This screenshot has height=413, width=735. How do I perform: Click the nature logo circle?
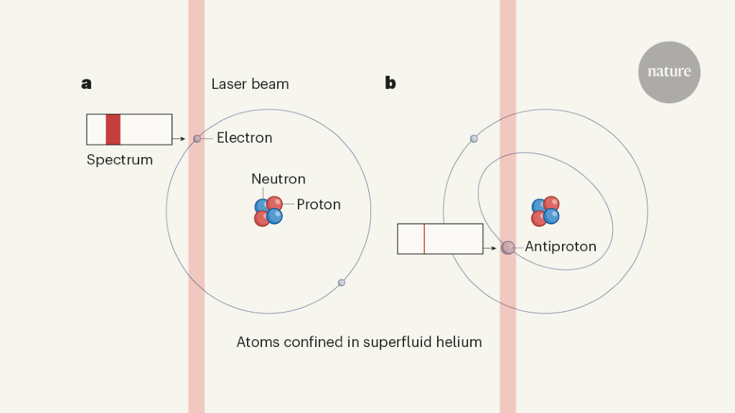[x=669, y=72]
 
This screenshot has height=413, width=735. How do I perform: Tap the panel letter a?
[x=86, y=84]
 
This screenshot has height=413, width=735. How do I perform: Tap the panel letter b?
[x=390, y=83]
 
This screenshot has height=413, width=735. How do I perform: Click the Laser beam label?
[x=250, y=84]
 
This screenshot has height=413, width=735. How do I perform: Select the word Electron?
[x=244, y=138]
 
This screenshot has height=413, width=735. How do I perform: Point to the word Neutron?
[x=278, y=179]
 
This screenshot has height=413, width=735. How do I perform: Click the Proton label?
[x=319, y=204]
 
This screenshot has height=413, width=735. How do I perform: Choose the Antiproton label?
[x=561, y=247]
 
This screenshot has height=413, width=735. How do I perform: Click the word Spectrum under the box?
[x=119, y=160]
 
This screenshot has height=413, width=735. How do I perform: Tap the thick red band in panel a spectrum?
[x=113, y=130]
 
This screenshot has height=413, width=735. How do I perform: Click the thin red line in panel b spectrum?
[x=424, y=239]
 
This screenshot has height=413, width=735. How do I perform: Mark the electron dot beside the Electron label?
[x=197, y=138]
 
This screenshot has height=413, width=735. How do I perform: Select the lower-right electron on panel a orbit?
[x=342, y=283]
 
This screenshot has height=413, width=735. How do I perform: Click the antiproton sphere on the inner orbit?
[x=508, y=248]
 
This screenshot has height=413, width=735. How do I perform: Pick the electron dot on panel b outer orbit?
[x=474, y=138]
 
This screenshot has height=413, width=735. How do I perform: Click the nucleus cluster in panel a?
[x=268, y=212]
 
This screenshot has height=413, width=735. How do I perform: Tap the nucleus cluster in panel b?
[x=546, y=211]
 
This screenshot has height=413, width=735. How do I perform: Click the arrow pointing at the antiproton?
[x=492, y=248]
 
